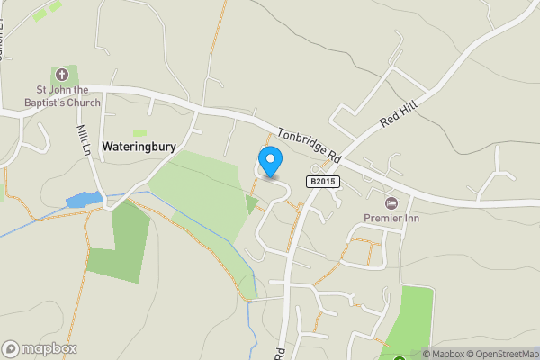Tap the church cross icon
click(x=62, y=74)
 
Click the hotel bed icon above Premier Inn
click(x=390, y=202)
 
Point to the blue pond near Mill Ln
click(x=84, y=199)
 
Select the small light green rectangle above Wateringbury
click(x=139, y=133)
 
